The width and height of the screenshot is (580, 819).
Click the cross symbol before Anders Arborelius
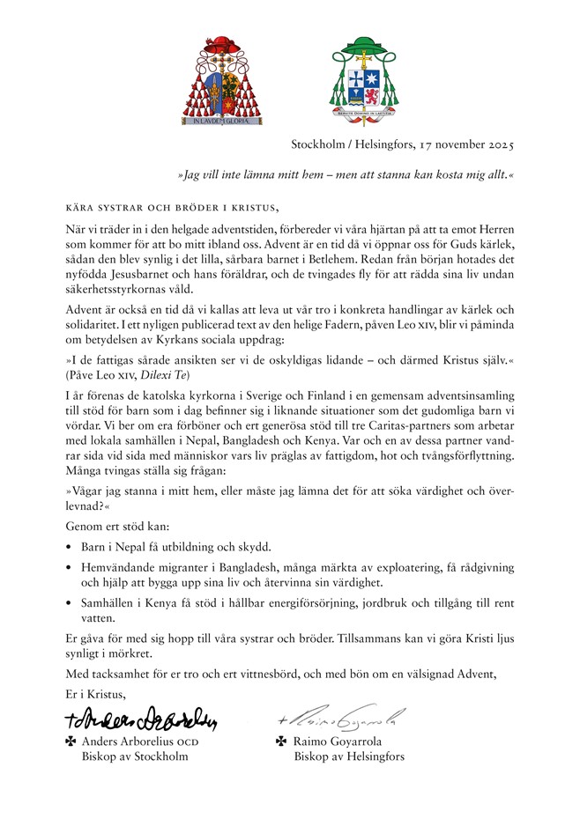pyautogui.click(x=71, y=742)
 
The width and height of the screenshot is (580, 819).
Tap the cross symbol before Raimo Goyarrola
pyautogui.click(x=282, y=742)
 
